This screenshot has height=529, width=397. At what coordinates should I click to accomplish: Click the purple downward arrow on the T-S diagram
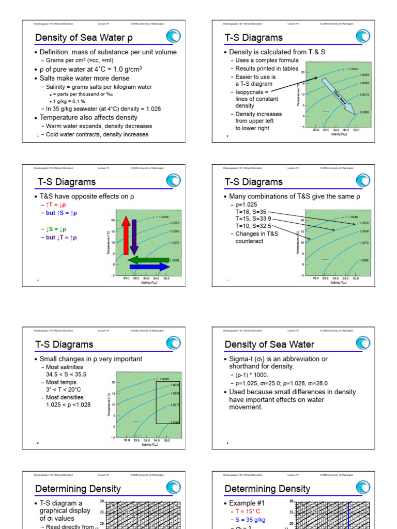(x=134, y=237)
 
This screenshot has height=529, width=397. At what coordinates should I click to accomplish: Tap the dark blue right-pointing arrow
(x=149, y=267)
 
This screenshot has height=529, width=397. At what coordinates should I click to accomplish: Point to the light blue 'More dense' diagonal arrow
(x=338, y=96)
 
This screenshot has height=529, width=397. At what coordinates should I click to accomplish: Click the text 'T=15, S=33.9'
(x=253, y=219)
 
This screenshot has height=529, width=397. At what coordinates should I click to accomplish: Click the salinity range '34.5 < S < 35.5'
(x=66, y=374)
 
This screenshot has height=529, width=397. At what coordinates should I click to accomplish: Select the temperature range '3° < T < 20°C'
(x=64, y=390)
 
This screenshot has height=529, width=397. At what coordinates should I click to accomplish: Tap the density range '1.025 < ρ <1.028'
(x=68, y=404)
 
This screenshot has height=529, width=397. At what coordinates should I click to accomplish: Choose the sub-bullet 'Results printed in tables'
(x=267, y=68)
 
